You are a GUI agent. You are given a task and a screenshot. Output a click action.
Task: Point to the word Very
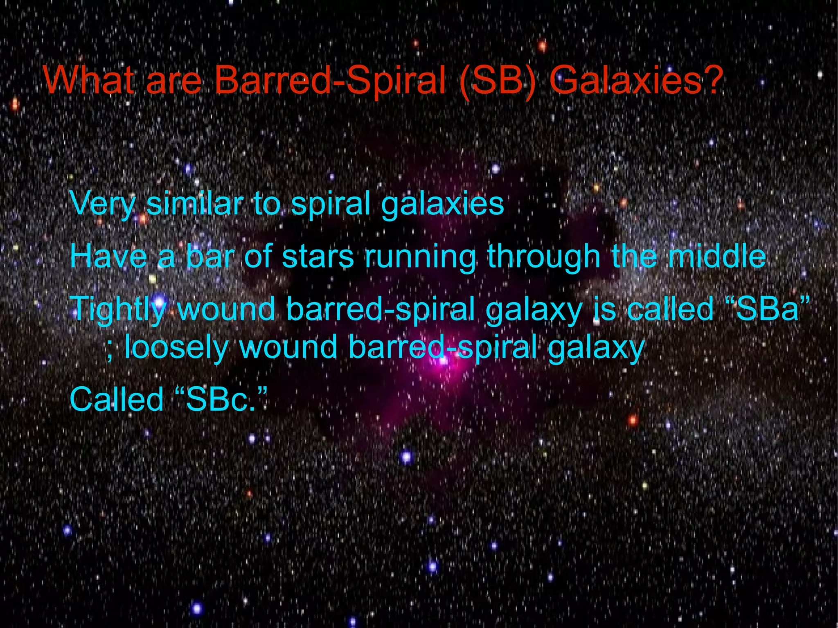point(102,204)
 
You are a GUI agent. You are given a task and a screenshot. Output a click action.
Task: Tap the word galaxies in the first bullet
point(442,204)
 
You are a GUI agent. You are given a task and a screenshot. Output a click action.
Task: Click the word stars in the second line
point(318,256)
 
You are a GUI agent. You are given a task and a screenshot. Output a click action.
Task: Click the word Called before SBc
point(117,399)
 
